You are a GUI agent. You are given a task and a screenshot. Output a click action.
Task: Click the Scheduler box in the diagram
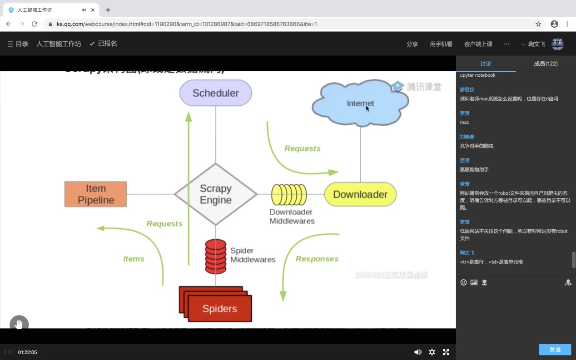click(215, 93)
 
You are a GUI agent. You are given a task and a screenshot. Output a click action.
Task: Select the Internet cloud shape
click(360, 104)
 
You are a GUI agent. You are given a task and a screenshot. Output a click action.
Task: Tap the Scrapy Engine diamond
click(216, 194)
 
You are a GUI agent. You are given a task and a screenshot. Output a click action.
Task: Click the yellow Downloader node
click(360, 194)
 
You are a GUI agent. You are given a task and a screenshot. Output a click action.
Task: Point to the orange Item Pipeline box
click(95, 194)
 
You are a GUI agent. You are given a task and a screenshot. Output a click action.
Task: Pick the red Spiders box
click(219, 309)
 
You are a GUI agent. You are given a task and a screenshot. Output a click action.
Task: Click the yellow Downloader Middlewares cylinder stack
click(289, 195)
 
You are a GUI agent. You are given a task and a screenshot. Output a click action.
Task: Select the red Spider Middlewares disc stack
click(215, 256)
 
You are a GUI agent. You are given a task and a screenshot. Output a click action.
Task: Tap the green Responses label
click(317, 259)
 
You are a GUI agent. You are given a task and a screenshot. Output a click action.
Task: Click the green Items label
click(134, 259)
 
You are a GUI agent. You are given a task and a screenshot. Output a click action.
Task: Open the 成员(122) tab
click(546, 64)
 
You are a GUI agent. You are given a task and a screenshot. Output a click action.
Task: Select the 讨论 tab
click(486, 64)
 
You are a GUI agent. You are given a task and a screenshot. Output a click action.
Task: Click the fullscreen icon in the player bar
click(446, 352)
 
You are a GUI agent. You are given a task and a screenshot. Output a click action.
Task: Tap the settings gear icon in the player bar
click(432, 352)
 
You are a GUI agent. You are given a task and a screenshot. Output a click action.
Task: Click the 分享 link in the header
click(412, 44)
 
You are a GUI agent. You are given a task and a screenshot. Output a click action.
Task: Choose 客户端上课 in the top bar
click(478, 44)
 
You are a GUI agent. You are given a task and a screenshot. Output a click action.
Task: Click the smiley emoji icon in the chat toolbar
click(463, 282)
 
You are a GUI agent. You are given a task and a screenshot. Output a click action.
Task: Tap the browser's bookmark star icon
click(538, 24)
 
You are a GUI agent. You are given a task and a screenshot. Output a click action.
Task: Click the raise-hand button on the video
click(19, 324)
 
